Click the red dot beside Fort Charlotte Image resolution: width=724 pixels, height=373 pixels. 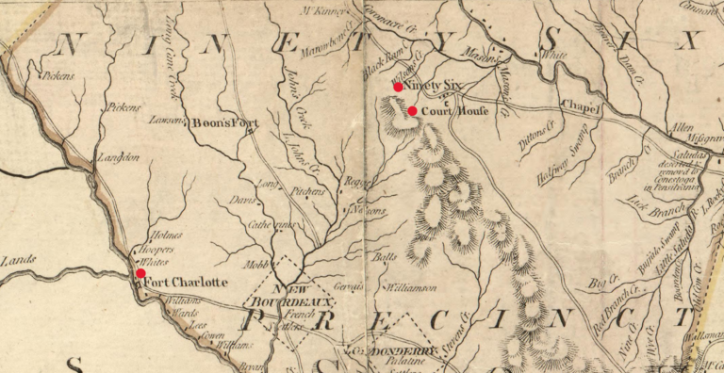click(140, 273)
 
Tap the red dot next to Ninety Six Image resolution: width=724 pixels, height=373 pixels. click(398, 87)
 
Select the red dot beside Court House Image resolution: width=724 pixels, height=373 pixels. click(412, 110)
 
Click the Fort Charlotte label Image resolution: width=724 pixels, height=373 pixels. click(187, 282)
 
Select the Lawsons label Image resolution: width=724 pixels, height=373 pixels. click(168, 121)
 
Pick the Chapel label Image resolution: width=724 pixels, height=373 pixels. click(580, 107)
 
